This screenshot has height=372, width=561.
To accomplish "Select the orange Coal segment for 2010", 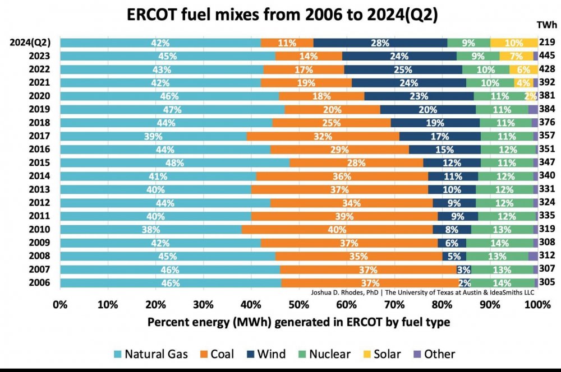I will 337,229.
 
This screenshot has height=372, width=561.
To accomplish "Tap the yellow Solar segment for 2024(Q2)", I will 514,43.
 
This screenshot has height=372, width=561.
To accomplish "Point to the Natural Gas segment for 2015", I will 174,162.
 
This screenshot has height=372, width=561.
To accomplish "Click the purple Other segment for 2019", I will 533,109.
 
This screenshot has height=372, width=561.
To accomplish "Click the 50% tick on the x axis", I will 299,305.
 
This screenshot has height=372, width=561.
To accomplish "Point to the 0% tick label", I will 60,305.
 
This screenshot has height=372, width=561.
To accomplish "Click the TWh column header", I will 546,25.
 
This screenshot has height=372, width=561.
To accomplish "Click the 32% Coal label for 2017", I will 323,136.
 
